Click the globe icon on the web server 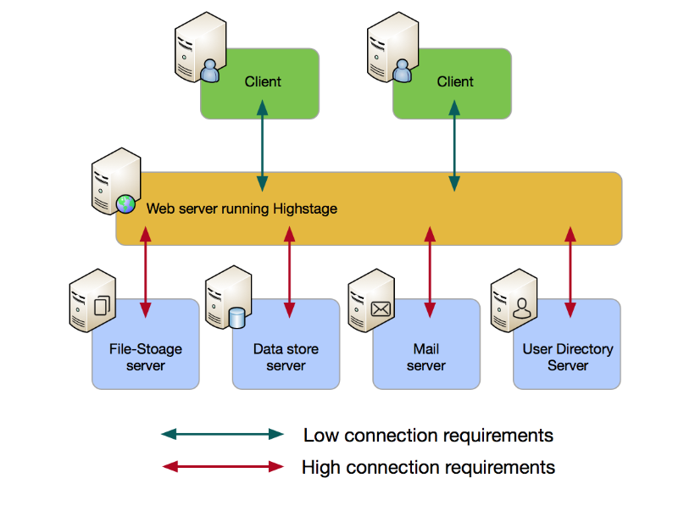(125, 203)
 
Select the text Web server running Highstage (242, 208)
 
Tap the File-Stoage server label (146, 357)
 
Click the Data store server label (286, 357)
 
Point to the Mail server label (426, 357)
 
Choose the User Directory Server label (568, 357)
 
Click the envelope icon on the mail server (381, 309)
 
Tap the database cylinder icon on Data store (237, 318)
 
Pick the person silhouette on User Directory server (520, 309)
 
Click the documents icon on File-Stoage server (103, 306)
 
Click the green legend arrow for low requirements (223, 435)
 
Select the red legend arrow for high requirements (223, 466)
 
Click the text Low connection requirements (428, 436)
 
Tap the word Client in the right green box (455, 82)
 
